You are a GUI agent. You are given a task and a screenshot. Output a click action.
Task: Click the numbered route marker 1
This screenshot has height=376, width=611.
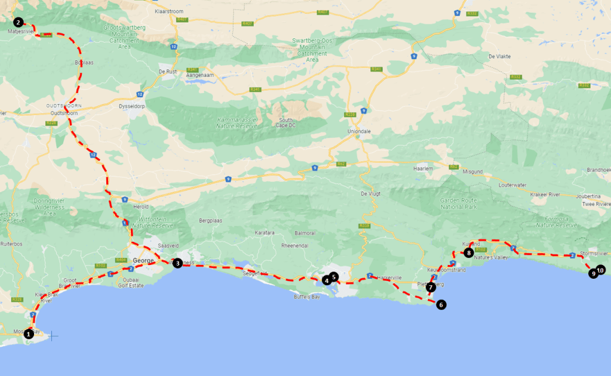point(28,334)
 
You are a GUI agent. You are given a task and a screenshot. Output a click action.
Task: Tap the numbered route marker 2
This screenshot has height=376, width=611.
point(19,22)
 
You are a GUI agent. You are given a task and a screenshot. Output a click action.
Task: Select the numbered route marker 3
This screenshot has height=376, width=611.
point(177,263)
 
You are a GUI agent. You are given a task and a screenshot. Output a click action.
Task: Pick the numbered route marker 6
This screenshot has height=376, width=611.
point(441,304)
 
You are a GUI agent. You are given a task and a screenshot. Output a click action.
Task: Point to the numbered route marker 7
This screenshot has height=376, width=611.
point(431,287)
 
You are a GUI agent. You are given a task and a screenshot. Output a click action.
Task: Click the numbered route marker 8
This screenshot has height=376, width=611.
point(469,252)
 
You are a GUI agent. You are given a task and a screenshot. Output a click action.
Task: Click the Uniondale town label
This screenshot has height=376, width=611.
point(360,131)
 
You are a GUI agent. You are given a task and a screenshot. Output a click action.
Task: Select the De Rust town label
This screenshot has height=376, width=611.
point(168,72)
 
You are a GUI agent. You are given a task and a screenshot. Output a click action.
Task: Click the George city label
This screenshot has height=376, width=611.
point(143,261)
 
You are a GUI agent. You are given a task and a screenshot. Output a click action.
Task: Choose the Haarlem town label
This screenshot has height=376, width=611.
point(423,168)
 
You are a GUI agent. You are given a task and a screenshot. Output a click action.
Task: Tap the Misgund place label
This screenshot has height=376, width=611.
point(472,172)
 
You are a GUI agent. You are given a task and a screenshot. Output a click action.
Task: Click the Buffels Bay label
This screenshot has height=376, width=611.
point(308,297)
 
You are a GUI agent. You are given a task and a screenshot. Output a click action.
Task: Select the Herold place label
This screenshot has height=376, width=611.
point(141,207)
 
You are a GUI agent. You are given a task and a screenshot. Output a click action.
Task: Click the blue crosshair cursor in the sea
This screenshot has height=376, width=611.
point(53,336)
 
